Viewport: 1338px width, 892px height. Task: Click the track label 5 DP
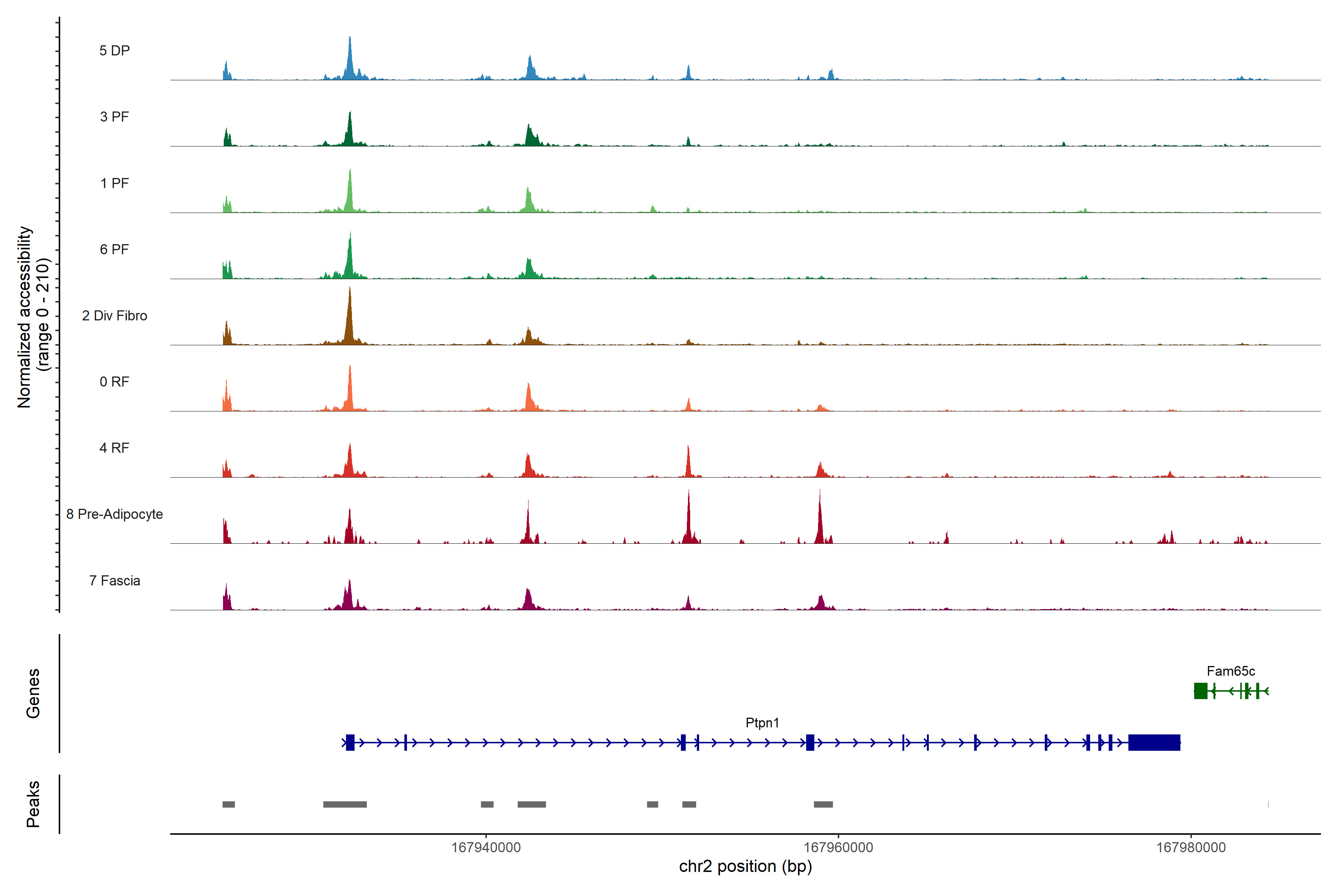114,51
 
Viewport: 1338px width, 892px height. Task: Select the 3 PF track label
114,117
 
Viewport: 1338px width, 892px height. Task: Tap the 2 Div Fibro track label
114,316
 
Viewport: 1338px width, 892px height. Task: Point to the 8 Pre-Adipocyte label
114,514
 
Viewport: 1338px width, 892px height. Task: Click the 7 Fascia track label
114,581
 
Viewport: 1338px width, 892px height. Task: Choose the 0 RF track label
114,382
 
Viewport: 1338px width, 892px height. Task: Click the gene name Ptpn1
762,723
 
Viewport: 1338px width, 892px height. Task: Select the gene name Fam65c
1231,671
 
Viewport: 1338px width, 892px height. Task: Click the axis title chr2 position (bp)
745,866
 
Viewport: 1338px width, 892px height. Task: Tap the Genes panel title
33,694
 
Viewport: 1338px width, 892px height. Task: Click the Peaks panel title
33,804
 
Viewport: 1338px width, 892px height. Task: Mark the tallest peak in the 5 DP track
350,39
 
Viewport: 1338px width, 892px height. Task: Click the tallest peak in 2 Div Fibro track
350,290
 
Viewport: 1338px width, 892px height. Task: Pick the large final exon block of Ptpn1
1154,742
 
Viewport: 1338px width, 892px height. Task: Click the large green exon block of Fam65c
1200,691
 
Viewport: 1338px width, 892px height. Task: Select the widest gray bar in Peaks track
345,804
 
